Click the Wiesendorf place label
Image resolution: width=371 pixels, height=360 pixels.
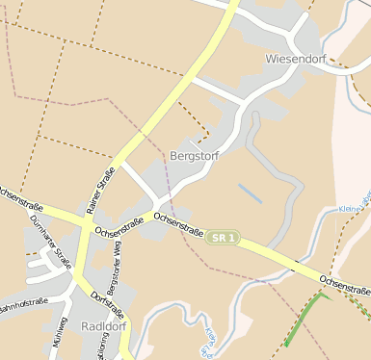[x=296, y=59]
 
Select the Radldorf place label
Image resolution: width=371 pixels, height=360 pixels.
[x=106, y=325]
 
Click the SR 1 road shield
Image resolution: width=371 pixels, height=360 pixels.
[x=223, y=237]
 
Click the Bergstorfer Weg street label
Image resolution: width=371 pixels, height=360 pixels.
[x=115, y=271]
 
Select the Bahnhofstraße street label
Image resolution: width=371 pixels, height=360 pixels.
[x=21, y=303]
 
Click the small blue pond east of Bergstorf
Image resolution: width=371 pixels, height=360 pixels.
[x=250, y=193]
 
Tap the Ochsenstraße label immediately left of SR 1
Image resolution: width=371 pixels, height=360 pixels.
[x=178, y=225]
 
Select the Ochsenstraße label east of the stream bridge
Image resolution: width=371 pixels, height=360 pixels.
[x=344, y=285]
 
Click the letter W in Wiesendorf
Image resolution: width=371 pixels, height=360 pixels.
[x=271, y=59]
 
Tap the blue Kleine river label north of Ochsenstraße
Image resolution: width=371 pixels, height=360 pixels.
[x=351, y=208]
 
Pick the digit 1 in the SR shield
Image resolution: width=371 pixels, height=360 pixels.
[x=231, y=237]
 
